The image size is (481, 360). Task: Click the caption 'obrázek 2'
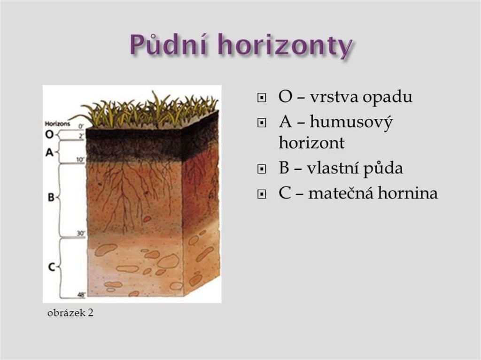coord(70,313)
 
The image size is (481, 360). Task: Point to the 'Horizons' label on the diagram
coord(57,124)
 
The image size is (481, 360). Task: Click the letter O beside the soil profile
coord(49,135)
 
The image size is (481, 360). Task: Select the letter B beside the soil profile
coord(51,198)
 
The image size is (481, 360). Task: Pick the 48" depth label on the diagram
coord(80,295)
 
